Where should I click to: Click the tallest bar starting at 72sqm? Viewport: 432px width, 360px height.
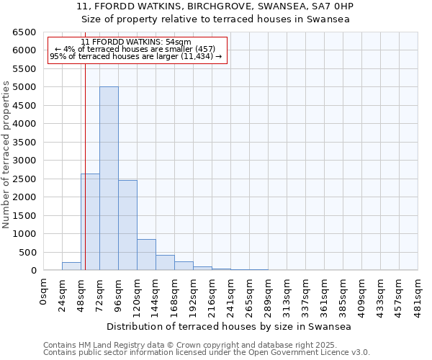[109, 179]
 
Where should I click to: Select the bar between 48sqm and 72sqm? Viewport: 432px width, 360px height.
[90, 222]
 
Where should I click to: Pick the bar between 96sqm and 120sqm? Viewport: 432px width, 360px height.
[127, 225]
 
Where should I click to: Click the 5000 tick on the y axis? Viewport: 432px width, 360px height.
[27, 87]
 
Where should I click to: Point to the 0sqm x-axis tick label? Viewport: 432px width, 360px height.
[44, 292]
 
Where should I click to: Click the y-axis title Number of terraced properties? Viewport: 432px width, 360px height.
[7, 154]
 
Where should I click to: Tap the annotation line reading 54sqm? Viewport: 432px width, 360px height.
[136, 42]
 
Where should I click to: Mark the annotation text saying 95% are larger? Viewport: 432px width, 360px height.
[136, 56]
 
